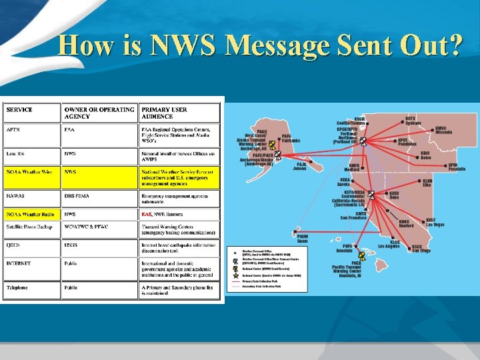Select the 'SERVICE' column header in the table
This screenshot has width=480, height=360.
(x=19, y=109)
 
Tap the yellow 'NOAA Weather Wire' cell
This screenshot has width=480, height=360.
(x=29, y=172)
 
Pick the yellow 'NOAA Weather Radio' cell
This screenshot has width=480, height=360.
(x=31, y=214)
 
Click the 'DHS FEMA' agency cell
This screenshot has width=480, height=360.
(x=77, y=196)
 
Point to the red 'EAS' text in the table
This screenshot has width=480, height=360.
(x=147, y=214)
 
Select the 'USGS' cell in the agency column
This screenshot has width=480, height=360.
(x=71, y=245)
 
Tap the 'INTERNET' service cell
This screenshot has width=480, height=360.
(x=19, y=263)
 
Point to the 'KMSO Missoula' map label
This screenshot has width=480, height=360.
(x=445, y=130)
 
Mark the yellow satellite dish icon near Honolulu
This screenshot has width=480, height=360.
(x=361, y=255)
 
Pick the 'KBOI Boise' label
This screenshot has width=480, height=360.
(x=425, y=155)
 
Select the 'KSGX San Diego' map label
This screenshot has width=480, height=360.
(x=421, y=248)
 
